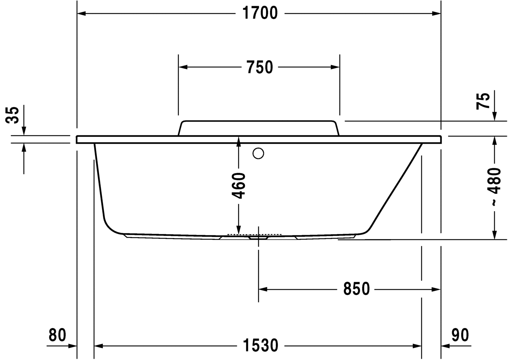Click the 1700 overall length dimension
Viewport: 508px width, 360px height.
[x=259, y=13]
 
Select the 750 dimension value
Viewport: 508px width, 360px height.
[x=259, y=67]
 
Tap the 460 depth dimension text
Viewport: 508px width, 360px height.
[x=239, y=186]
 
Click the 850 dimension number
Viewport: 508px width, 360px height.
[x=356, y=289]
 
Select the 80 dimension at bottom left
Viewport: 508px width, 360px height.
[x=58, y=335]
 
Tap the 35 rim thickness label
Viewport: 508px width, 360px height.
[x=14, y=115]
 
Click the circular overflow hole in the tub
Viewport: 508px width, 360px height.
[x=259, y=154]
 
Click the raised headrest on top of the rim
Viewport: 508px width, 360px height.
[x=259, y=128]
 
